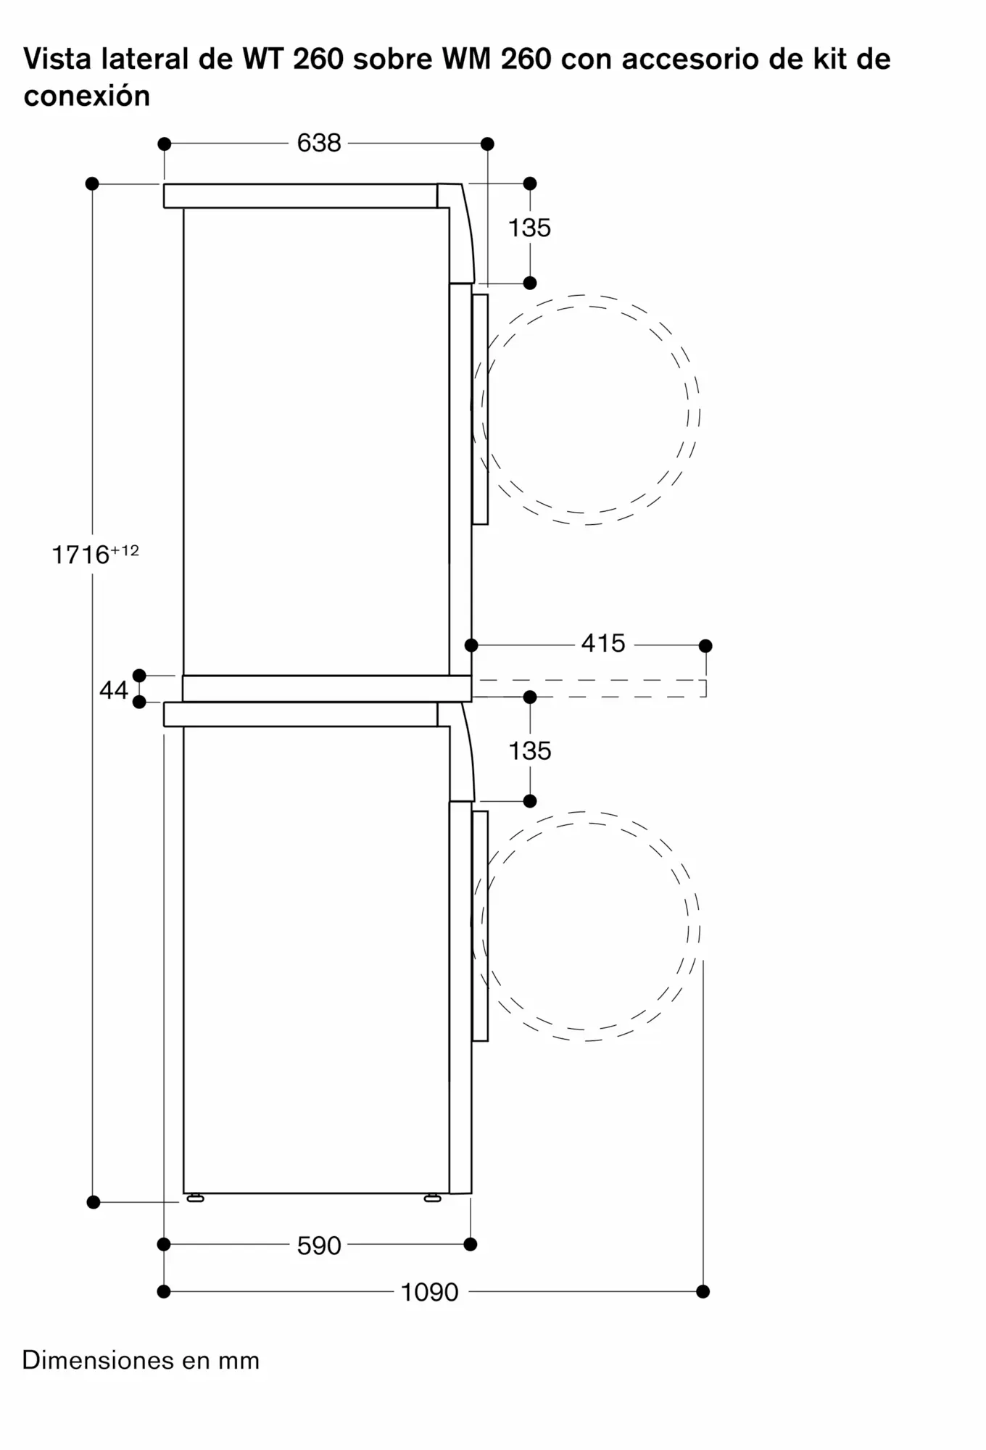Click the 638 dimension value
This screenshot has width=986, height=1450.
(x=319, y=143)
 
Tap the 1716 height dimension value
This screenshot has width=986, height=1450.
(x=81, y=555)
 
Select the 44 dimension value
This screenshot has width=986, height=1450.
(x=114, y=690)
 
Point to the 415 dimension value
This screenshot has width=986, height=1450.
(x=603, y=643)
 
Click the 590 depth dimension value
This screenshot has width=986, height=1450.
(x=319, y=1246)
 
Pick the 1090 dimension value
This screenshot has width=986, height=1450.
(x=430, y=1292)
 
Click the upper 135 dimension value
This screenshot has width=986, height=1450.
(x=529, y=228)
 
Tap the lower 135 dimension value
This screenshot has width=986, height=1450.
(x=529, y=750)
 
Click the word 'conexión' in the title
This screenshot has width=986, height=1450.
(x=87, y=96)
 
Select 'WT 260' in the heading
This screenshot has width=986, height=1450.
(x=293, y=59)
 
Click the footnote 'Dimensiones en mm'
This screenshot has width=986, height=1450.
(x=141, y=1360)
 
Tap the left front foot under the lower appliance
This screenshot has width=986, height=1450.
(x=195, y=1198)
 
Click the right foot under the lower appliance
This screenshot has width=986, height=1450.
(x=433, y=1198)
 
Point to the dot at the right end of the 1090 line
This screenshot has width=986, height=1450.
(x=703, y=1291)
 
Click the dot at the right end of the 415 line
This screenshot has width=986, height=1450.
(x=705, y=645)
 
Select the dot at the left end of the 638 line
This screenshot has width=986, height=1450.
(x=165, y=144)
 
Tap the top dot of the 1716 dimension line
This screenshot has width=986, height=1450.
(x=92, y=183)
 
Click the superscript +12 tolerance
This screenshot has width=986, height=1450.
(x=125, y=550)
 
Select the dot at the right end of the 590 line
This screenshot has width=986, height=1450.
(x=471, y=1244)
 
